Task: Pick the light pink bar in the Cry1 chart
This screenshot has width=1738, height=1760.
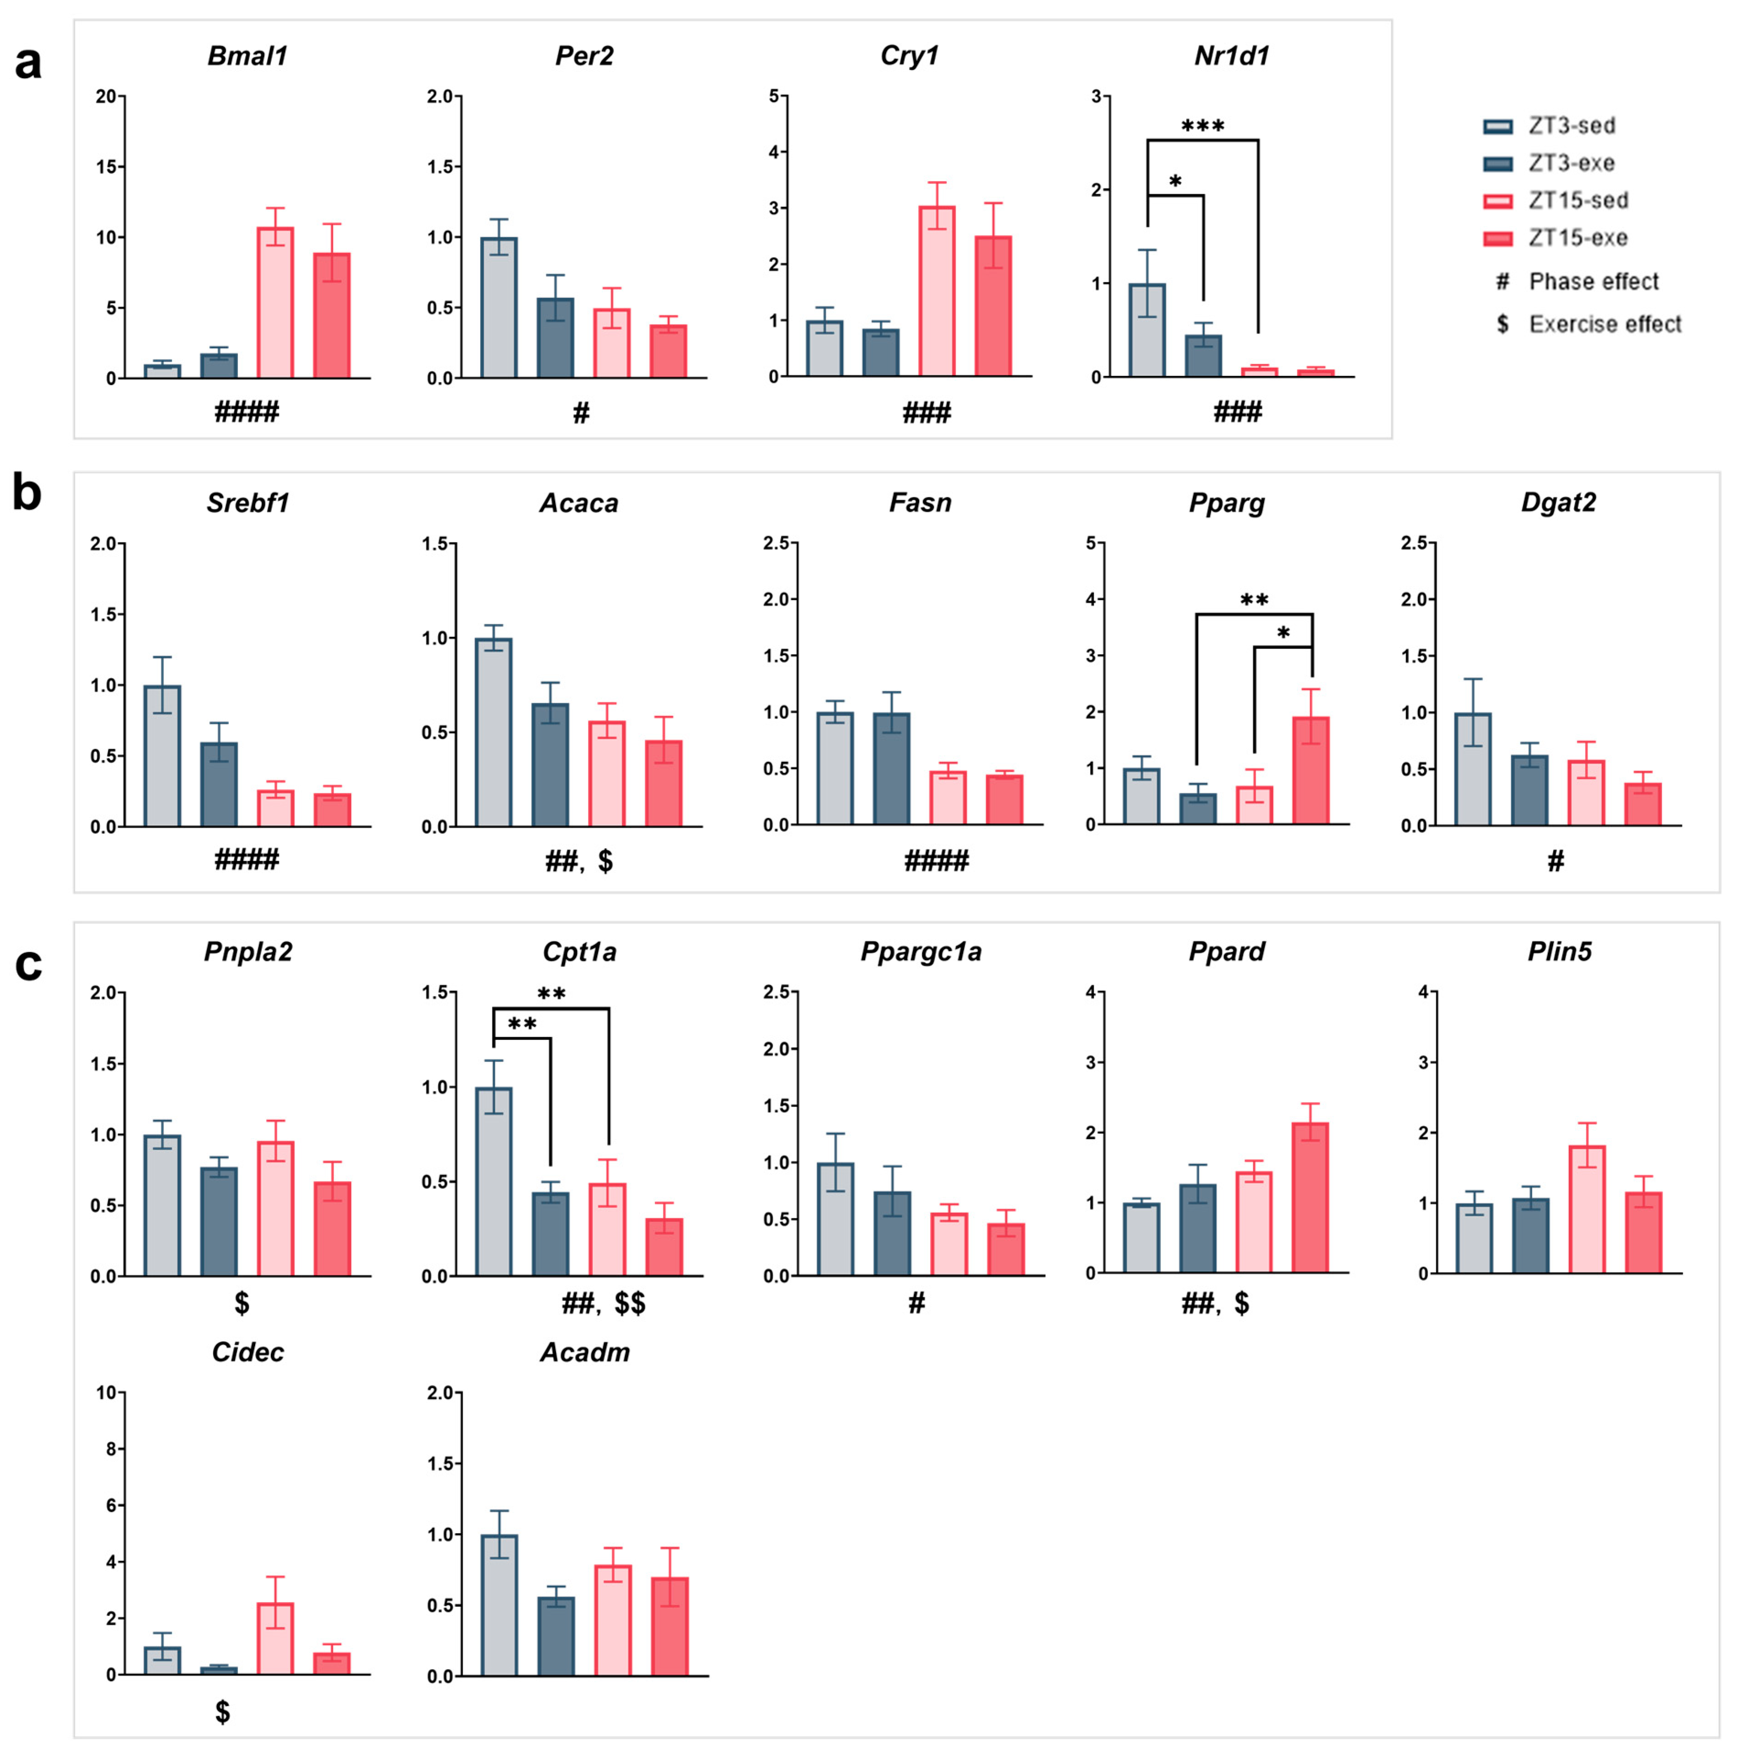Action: [x=936, y=292]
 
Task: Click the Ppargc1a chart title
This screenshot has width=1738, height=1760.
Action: [x=921, y=952]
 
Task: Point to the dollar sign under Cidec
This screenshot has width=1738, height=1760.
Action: [x=222, y=1712]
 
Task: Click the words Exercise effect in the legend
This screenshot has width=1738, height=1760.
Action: [x=1605, y=324]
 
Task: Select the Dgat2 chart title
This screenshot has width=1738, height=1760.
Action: [x=1559, y=503]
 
